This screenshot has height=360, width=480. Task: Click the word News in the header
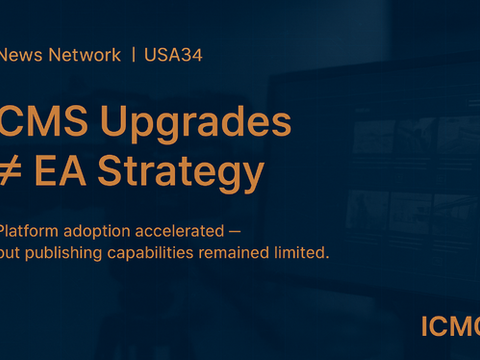(x=18, y=55)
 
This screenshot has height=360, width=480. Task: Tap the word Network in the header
(x=81, y=55)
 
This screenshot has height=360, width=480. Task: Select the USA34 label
(x=172, y=55)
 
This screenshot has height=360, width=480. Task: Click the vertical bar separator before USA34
(x=134, y=55)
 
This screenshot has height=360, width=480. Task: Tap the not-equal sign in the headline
(x=12, y=172)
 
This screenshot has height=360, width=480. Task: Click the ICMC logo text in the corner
(x=450, y=326)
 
